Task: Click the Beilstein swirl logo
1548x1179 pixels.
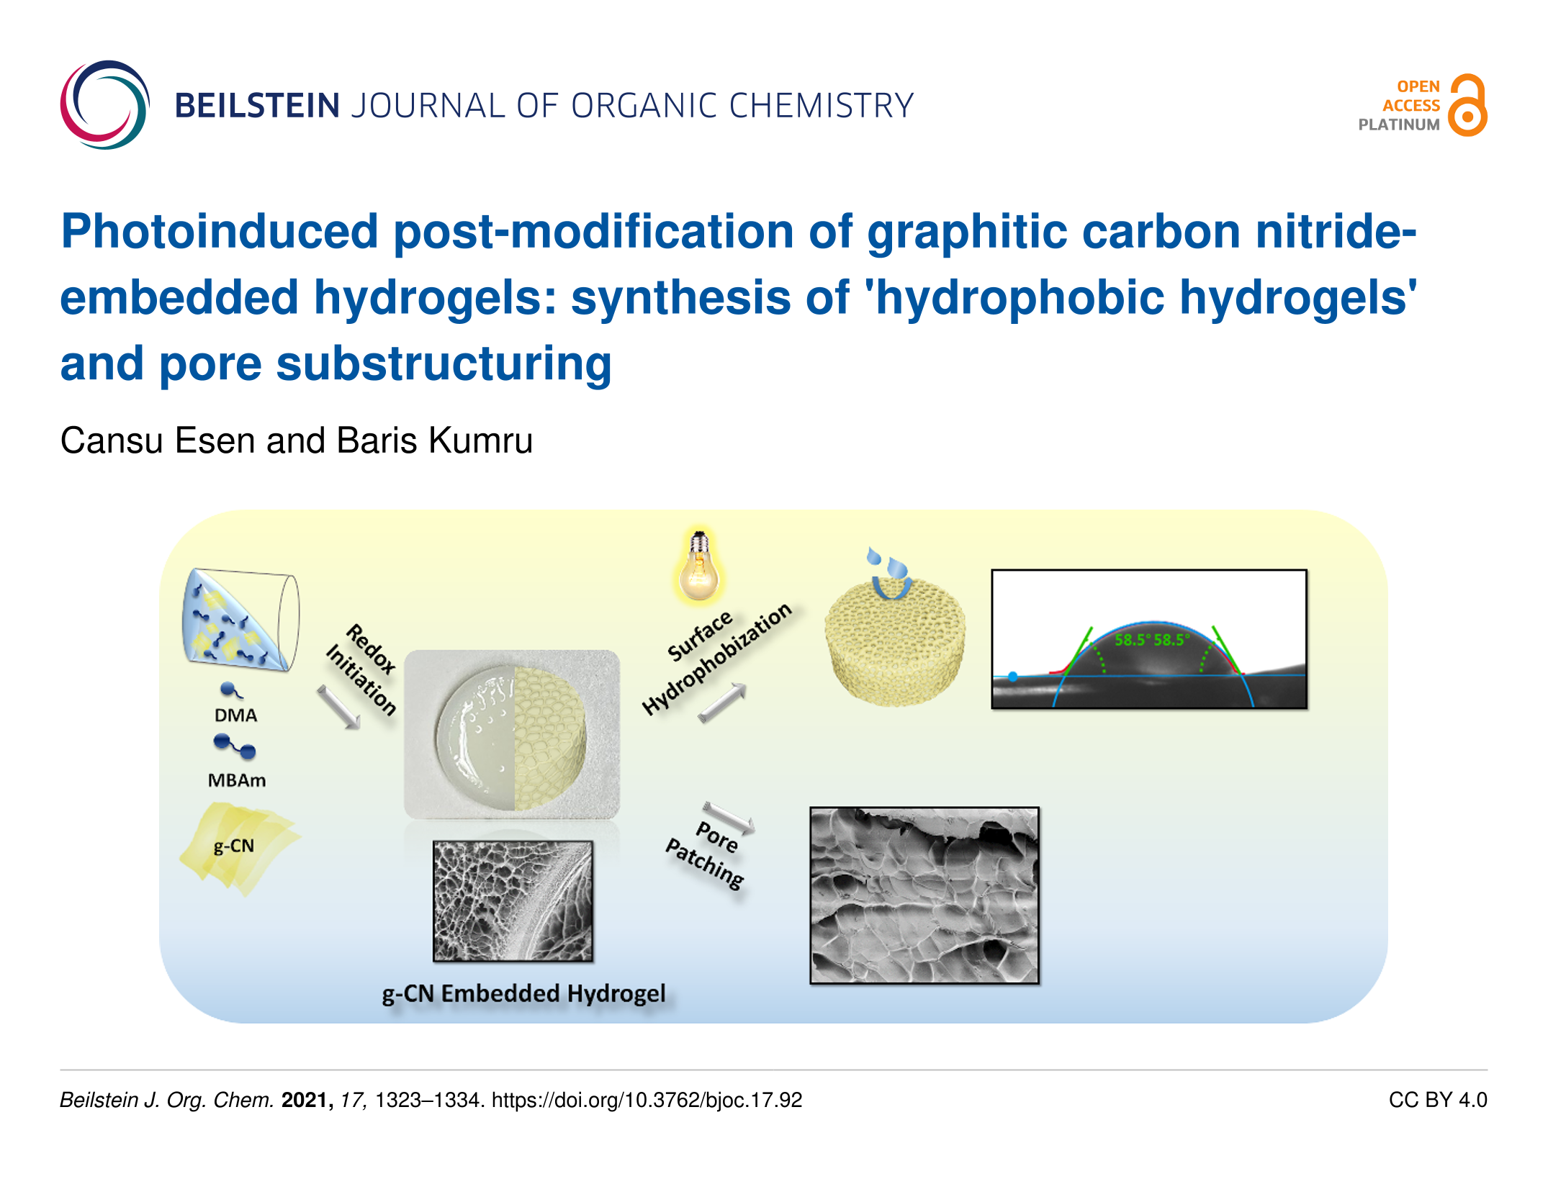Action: tap(105, 105)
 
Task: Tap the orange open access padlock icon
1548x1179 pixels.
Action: tap(1467, 105)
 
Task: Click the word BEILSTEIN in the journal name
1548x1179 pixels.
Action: tap(257, 106)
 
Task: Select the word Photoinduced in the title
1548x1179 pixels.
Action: tap(220, 232)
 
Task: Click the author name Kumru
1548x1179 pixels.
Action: tap(480, 441)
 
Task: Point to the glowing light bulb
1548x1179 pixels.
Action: tap(698, 566)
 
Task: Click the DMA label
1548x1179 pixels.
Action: tap(235, 715)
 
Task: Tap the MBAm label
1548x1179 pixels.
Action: tap(237, 780)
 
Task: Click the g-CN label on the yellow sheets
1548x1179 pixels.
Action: tap(234, 846)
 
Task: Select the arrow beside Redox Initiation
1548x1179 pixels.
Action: tap(338, 707)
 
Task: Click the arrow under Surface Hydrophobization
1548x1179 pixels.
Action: tap(722, 702)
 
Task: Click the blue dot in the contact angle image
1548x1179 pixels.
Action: tap(1013, 677)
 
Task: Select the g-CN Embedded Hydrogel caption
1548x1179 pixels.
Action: tap(523, 994)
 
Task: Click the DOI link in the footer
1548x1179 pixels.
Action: tap(647, 1100)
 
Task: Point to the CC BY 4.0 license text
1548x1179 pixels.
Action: tap(1438, 1100)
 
